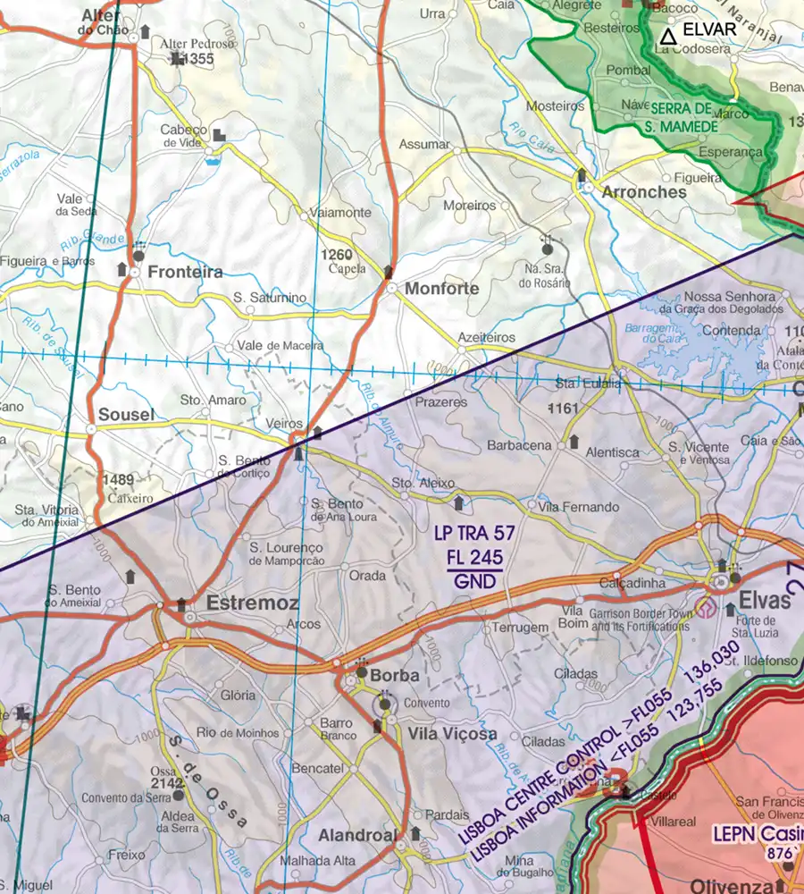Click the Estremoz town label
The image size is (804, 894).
pyautogui.click(x=252, y=603)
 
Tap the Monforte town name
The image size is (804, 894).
pyautogui.click(x=441, y=289)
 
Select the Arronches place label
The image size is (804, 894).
pyautogui.click(x=644, y=192)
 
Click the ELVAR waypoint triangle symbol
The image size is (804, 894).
pyautogui.click(x=667, y=37)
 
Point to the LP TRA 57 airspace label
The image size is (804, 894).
pyautogui.click(x=474, y=534)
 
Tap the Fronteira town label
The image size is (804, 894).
pyautogui.click(x=186, y=272)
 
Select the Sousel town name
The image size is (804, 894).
pyautogui.click(x=126, y=415)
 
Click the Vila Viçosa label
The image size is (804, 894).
pyautogui.click(x=452, y=733)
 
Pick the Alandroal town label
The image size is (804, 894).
pyautogui.click(x=356, y=835)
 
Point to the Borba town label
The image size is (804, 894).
pyautogui.click(x=394, y=676)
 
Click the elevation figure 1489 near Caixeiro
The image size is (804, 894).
pyautogui.click(x=117, y=478)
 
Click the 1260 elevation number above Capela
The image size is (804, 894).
pyautogui.click(x=337, y=254)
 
